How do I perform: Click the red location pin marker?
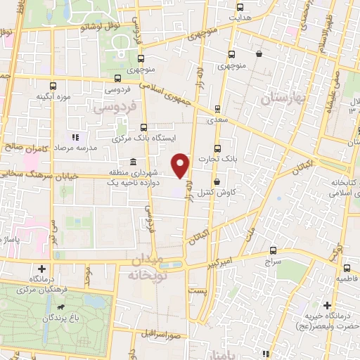click(183, 165)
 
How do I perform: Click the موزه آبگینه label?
click(52, 96)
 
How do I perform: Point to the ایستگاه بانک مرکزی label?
click(144, 139)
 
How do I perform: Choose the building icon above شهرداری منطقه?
click(133, 162)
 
